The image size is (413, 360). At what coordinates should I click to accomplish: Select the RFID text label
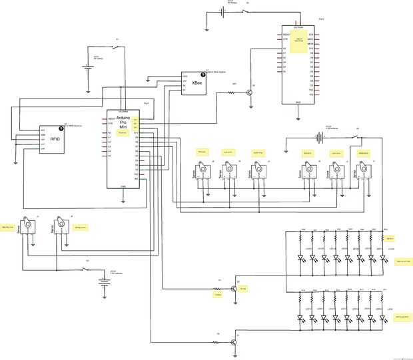(x=55, y=140)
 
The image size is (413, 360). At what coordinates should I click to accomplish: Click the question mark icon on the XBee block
(x=203, y=75)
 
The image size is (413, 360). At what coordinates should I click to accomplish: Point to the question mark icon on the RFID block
(x=61, y=127)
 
